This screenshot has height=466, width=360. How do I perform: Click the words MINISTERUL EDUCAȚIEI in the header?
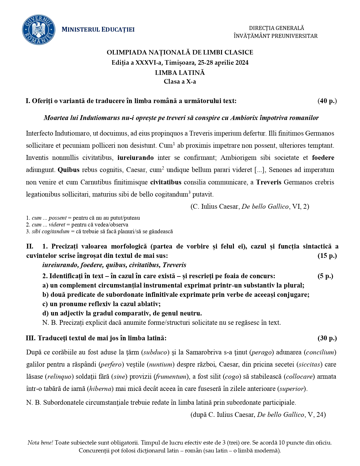(x=98, y=30)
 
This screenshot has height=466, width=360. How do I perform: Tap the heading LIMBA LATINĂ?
(x=180, y=73)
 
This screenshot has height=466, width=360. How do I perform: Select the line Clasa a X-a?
(x=180, y=82)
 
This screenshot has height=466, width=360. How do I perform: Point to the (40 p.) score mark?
(x=327, y=101)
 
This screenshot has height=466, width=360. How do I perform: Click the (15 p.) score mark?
(x=327, y=256)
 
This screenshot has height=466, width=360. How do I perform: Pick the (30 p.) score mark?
(x=327, y=338)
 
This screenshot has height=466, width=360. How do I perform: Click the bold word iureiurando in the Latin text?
(x=136, y=158)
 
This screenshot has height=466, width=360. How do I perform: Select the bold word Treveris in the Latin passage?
(x=269, y=182)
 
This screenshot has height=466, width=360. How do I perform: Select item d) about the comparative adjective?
(x=122, y=313)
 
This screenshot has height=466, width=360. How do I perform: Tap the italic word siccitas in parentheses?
(x=310, y=365)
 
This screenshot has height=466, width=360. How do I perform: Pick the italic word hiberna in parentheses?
(x=100, y=389)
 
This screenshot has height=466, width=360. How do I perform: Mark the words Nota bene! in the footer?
(x=40, y=443)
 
